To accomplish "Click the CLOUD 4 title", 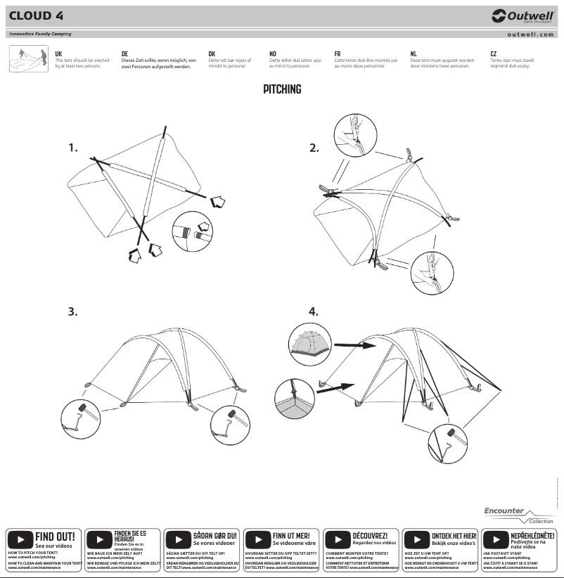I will [39, 15].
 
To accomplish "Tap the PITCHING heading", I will [282, 89].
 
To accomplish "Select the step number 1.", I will [72, 148].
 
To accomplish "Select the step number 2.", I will [314, 148].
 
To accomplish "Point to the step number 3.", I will [72, 311].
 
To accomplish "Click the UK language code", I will [58, 53].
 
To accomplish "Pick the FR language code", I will [338, 53].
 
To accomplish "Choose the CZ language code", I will [494, 53].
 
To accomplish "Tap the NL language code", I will [414, 53].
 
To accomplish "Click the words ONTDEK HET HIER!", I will [454, 536].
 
